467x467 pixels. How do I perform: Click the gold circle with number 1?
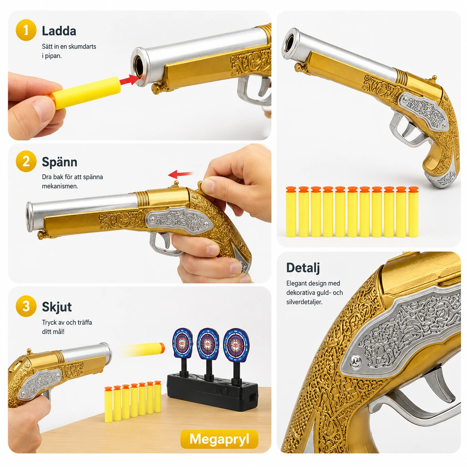point(26,30)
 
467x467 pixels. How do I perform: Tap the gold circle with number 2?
point(26,161)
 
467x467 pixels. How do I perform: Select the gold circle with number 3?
point(26,306)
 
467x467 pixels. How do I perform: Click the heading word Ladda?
point(59,31)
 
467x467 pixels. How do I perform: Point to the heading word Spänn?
point(60,162)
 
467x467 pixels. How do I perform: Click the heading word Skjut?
point(57,307)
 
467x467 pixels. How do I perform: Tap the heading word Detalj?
point(303,268)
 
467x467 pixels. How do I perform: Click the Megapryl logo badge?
point(219,439)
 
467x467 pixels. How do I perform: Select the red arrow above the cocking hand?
point(180,174)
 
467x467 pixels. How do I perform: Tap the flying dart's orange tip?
point(162,348)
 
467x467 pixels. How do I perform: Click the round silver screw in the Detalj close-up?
point(356,362)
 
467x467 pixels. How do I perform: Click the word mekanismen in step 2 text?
point(60,186)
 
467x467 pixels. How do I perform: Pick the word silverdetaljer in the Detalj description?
point(304,302)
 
